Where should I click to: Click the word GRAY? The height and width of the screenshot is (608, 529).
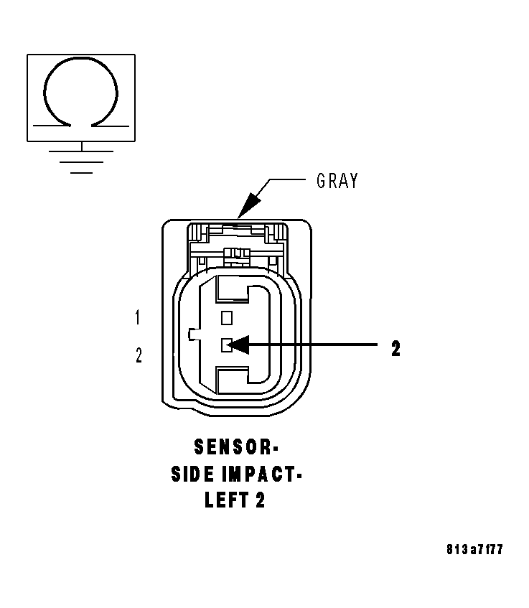(337, 181)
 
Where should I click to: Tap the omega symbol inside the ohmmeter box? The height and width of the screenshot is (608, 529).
(80, 93)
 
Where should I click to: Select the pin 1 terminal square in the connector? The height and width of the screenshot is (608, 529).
(228, 317)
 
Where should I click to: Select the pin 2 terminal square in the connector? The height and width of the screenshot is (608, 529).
(228, 346)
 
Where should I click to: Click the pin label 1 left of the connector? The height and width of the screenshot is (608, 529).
(139, 317)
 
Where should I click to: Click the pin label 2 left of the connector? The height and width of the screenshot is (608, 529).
(139, 355)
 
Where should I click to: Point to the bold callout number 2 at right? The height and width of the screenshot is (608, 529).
(395, 349)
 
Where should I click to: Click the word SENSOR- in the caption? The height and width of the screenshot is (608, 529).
(235, 448)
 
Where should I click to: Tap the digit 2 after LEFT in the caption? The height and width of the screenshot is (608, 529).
(260, 500)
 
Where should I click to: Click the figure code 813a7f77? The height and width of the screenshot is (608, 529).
(474, 550)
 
